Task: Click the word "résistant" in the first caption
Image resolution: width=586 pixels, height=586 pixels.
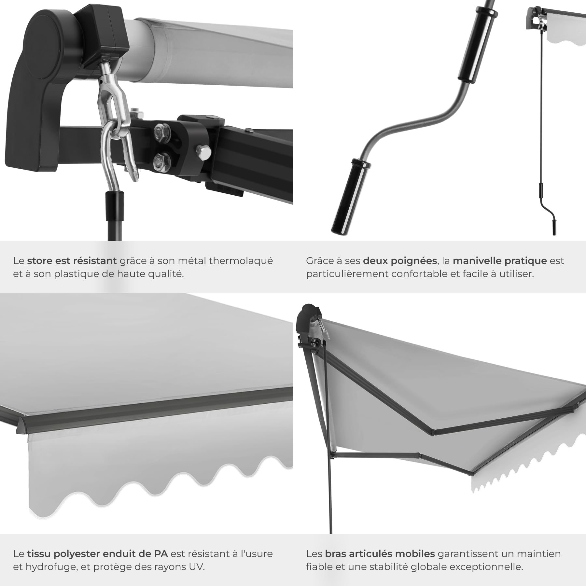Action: click(95, 261)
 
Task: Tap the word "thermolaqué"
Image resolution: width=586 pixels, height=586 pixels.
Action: click(241, 261)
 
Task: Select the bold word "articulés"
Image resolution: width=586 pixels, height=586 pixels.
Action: click(371, 554)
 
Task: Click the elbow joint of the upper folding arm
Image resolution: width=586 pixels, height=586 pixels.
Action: click(433, 432)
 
